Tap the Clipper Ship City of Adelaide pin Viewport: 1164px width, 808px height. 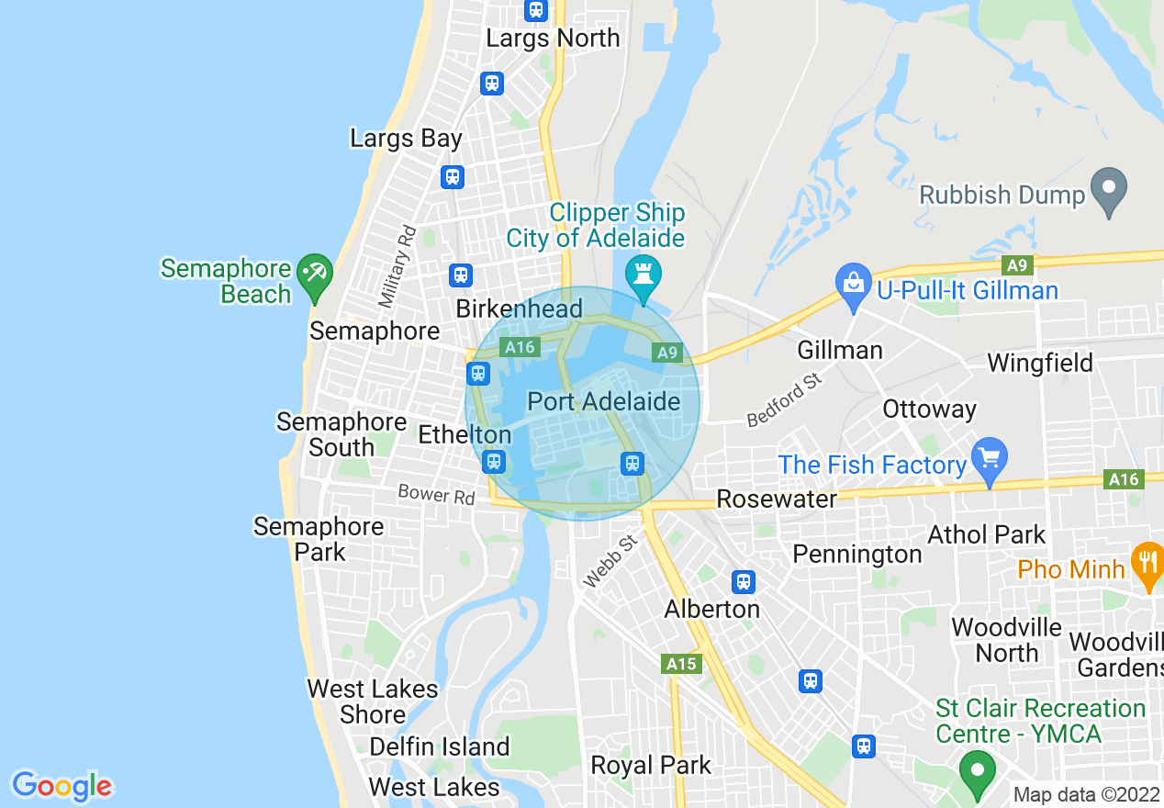point(643,275)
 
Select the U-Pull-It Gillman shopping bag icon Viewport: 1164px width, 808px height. point(853,283)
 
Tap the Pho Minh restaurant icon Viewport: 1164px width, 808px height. point(1147,561)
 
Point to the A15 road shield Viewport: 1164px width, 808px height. point(682,664)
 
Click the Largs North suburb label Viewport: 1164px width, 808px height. point(553,39)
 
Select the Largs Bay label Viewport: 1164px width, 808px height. point(406,139)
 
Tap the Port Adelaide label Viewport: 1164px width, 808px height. point(604,401)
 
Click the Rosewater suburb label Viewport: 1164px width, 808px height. point(777,499)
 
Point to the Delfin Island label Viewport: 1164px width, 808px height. point(439,746)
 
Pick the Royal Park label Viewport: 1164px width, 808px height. point(651,765)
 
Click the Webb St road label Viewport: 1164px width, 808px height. point(610,562)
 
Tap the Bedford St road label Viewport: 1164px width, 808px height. point(783,401)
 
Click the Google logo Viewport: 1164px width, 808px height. point(62,786)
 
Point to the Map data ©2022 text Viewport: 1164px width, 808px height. point(1086,795)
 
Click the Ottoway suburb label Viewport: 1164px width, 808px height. point(929,409)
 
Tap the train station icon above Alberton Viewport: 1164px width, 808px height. point(744,581)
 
